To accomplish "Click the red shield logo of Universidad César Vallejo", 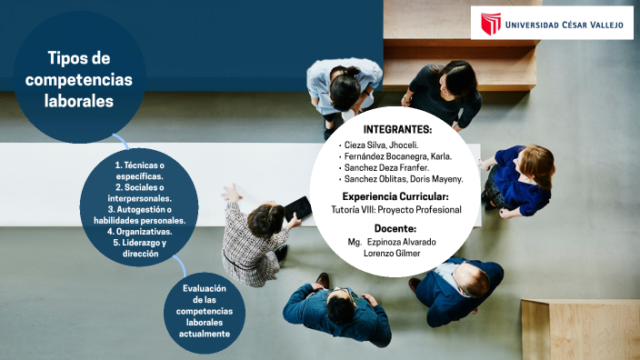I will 491,24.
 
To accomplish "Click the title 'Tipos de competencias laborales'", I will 79,80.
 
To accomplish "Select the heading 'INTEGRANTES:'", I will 397,129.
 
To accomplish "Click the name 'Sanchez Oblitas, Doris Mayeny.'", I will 403,179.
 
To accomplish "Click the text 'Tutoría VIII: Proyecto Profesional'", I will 395,210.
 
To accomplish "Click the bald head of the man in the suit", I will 470,275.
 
